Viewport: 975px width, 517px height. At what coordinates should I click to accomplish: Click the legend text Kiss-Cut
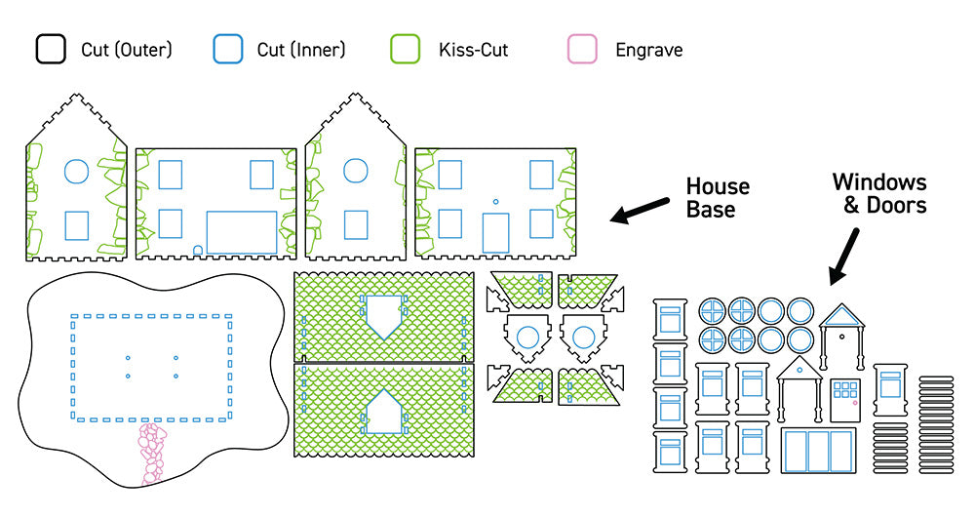[x=473, y=50]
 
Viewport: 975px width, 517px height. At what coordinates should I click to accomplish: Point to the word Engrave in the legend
[x=648, y=50]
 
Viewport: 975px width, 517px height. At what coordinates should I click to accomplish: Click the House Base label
[x=718, y=197]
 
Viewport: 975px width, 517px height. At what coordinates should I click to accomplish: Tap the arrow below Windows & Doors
[x=844, y=257]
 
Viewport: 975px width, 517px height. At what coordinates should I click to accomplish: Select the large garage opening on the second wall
[x=242, y=233]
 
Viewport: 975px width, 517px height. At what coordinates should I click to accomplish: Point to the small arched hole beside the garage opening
[x=198, y=250]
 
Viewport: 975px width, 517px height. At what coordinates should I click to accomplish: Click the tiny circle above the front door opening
[x=495, y=202]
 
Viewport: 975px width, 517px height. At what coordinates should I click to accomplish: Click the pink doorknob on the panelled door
[x=855, y=402]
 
